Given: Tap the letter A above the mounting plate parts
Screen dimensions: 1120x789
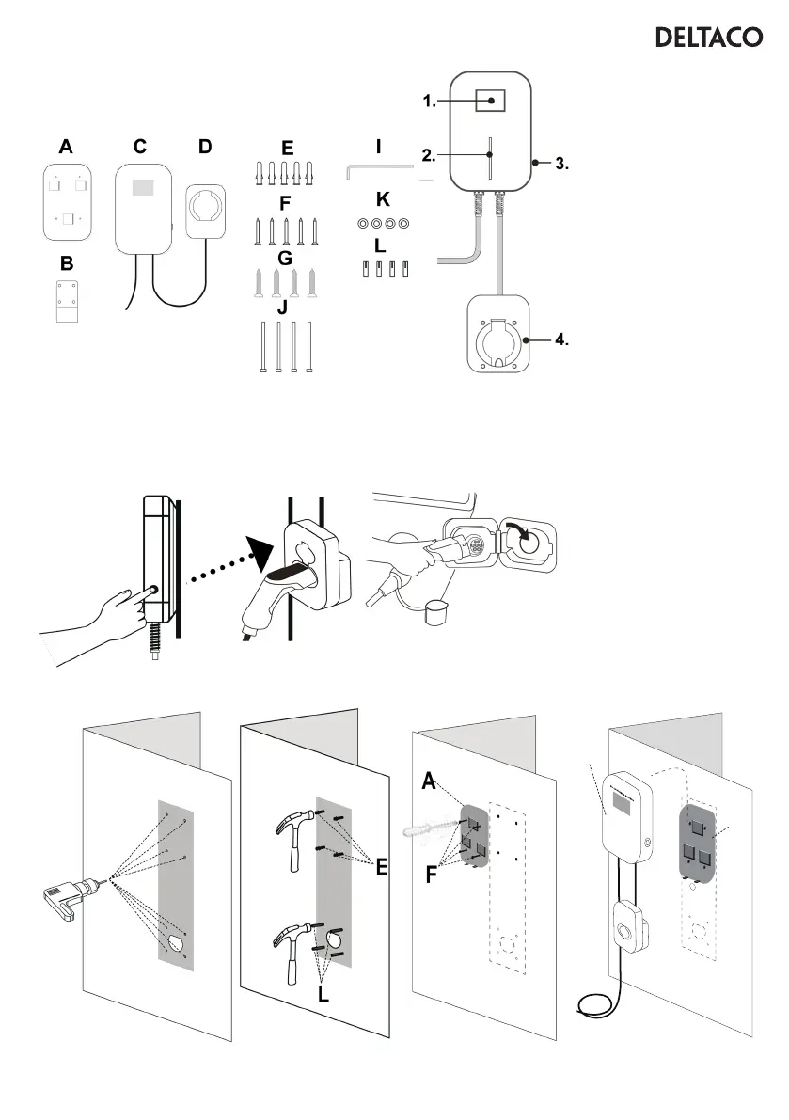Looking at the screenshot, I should pyautogui.click(x=65, y=147).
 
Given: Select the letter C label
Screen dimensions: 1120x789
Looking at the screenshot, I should pyautogui.click(x=140, y=147).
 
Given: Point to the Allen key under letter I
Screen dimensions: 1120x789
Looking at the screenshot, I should pyautogui.click(x=379, y=168).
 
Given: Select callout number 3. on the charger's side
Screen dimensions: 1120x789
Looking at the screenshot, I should pyautogui.click(x=560, y=163).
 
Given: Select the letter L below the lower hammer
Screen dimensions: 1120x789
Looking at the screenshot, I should pyautogui.click(x=323, y=994).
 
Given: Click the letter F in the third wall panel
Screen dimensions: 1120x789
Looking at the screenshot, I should pyautogui.click(x=431, y=876).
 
